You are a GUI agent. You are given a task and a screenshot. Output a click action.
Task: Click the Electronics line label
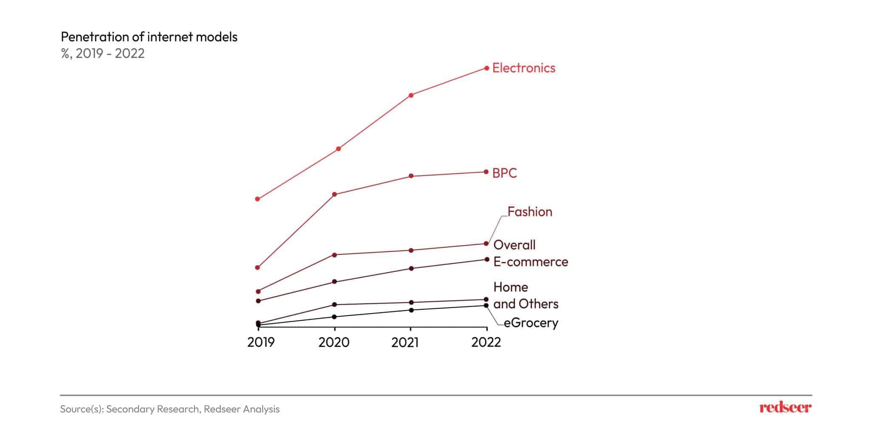[524, 68]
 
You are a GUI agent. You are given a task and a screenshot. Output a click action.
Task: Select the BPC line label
[504, 173]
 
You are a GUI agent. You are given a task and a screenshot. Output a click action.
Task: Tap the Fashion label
[529, 212]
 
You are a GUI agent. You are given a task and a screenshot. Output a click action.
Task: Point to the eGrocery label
[531, 323]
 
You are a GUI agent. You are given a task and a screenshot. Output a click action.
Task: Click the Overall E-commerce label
[530, 253]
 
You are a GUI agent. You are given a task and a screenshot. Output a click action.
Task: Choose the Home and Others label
[526, 295]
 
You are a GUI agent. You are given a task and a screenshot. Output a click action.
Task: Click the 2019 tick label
[261, 342]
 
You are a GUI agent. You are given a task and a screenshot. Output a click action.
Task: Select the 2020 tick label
[334, 342]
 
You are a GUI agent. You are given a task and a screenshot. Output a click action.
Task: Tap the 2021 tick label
[405, 342]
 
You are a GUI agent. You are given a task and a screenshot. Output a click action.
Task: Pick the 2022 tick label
[486, 342]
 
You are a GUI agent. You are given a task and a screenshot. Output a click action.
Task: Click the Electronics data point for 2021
[411, 95]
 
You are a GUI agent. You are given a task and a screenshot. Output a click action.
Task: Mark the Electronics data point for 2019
[257, 199]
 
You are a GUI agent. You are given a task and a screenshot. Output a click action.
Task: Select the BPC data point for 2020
[334, 194]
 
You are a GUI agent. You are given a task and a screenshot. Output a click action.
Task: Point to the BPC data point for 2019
[257, 267]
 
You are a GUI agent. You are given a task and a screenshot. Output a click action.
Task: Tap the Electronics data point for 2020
[339, 149]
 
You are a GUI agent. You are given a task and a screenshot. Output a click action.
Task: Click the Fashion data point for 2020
[334, 255]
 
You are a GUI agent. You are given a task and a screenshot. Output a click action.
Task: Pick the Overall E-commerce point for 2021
[411, 268]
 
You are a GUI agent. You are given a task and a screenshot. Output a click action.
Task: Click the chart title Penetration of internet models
[149, 37]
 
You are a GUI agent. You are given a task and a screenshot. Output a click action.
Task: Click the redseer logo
[785, 408]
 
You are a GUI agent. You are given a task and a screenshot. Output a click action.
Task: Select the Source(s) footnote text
[170, 409]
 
